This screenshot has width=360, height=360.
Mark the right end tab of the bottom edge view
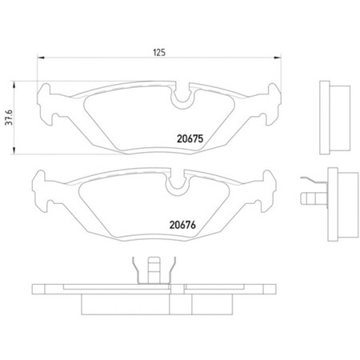click(268, 288)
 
